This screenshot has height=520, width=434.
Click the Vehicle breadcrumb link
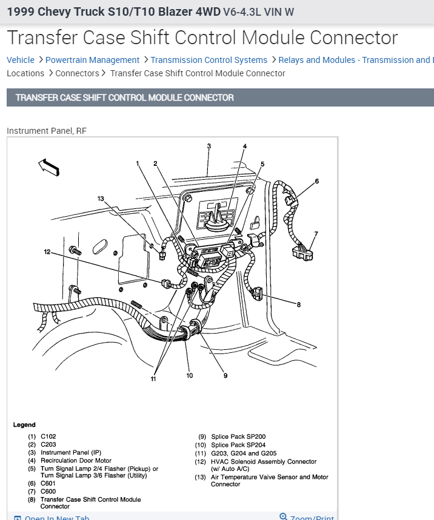(x=21, y=60)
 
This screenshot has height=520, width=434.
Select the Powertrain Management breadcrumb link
(x=92, y=60)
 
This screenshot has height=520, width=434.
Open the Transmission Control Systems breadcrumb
(x=209, y=60)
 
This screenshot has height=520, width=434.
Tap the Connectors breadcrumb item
(x=77, y=73)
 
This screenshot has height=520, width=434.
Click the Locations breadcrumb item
(x=25, y=73)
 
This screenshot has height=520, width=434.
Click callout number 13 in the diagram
(x=101, y=199)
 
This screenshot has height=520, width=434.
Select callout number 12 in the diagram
(x=47, y=252)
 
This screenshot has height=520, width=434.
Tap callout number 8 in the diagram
(x=298, y=304)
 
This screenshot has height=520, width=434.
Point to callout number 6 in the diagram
(x=316, y=181)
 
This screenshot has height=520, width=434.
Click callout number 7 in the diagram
(x=316, y=234)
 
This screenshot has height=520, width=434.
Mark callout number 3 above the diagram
(x=209, y=146)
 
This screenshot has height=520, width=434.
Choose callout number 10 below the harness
(x=190, y=376)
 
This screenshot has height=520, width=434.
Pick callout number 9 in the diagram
(x=225, y=376)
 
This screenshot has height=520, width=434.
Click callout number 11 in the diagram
(x=153, y=379)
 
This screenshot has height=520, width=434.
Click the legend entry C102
(x=48, y=436)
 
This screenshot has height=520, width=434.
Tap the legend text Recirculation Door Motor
(x=76, y=461)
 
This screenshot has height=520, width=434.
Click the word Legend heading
(x=24, y=425)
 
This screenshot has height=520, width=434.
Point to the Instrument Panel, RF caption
(x=47, y=131)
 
